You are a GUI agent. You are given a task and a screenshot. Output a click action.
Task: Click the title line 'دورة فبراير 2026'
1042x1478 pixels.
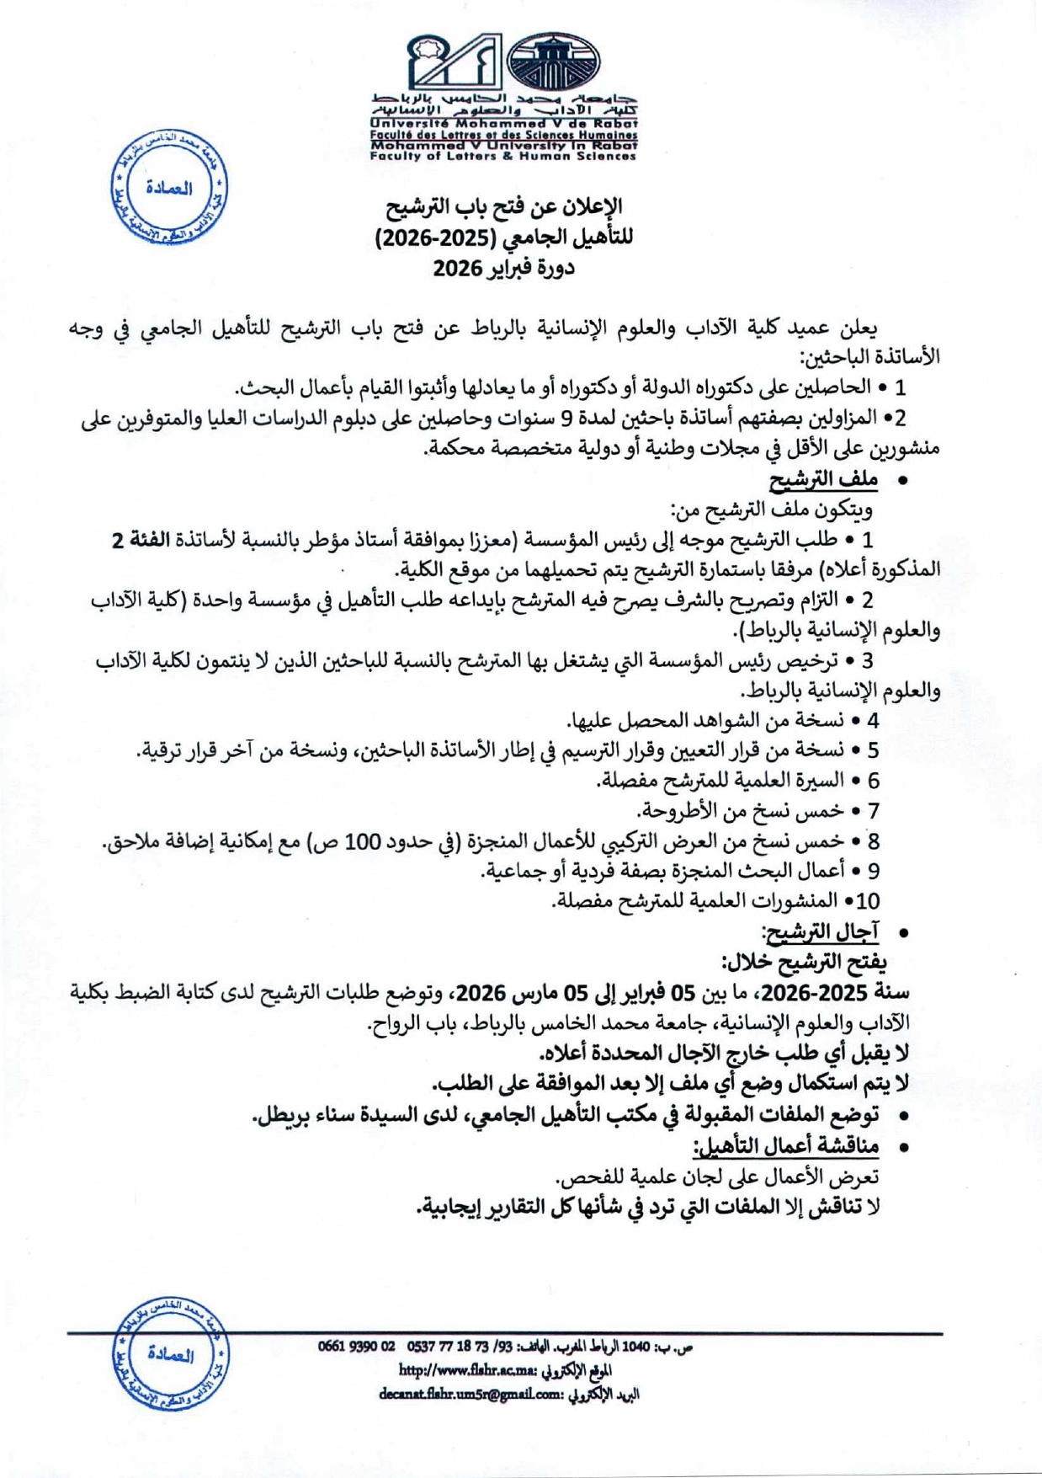[x=503, y=269]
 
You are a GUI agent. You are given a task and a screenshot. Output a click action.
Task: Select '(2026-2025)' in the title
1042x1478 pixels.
[x=435, y=238]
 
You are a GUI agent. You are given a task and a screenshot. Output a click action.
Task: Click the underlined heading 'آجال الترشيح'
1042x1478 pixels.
[x=820, y=931]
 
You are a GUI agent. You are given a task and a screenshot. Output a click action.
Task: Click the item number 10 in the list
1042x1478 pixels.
[x=866, y=901]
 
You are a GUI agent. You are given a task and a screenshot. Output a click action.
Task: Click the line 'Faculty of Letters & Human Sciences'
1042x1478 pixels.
[x=503, y=156]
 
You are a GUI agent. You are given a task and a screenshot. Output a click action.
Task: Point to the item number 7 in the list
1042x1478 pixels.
[x=873, y=811]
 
